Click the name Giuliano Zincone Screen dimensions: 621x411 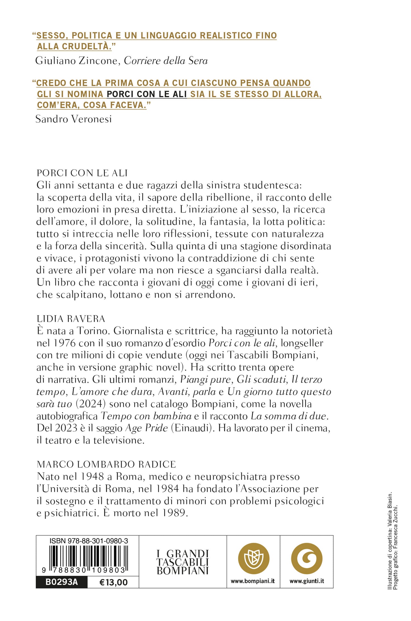tap(76, 61)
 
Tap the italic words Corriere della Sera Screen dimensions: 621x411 tap(166, 61)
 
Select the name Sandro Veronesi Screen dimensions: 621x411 tap(73, 119)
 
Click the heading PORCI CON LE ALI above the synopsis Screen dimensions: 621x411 tap(82, 173)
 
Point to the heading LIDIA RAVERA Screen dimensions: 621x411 tap(71, 319)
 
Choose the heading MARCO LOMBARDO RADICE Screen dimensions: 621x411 tap(106, 464)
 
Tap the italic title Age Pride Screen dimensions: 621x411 tap(146, 428)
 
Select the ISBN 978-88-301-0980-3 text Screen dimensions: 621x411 tap(88, 541)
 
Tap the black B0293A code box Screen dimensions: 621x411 tap(61, 582)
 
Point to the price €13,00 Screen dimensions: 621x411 tap(113, 582)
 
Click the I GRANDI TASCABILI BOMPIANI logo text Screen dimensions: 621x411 tap(183, 562)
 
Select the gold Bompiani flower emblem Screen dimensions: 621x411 tap(253, 559)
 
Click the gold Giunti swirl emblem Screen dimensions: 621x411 tap(307, 559)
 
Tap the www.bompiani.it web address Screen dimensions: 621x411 tap(253, 581)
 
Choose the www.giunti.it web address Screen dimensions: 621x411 tap(307, 581)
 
